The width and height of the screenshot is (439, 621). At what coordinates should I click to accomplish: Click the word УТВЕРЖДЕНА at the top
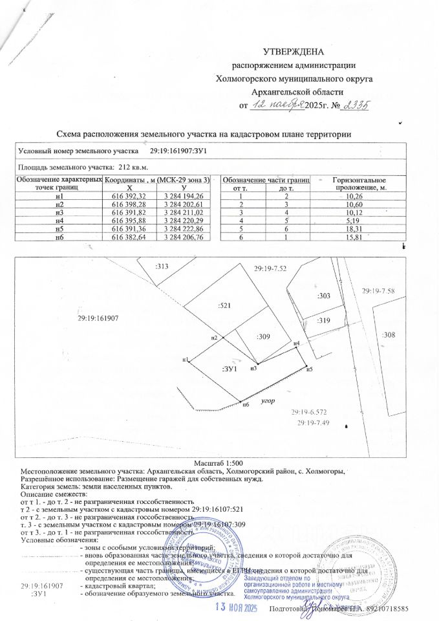[294, 52]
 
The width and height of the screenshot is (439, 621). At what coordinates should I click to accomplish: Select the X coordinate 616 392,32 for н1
[129, 196]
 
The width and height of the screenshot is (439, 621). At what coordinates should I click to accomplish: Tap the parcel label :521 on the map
[225, 303]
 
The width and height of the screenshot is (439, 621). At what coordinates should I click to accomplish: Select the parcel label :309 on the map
[262, 336]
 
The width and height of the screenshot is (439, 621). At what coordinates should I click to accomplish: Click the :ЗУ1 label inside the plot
[230, 368]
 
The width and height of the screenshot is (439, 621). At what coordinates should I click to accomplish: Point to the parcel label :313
[162, 266]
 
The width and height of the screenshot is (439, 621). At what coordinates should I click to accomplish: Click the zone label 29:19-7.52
[270, 268]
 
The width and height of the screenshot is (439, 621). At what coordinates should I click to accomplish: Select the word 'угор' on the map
[268, 401]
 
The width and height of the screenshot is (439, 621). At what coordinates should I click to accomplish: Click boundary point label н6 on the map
[245, 405]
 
